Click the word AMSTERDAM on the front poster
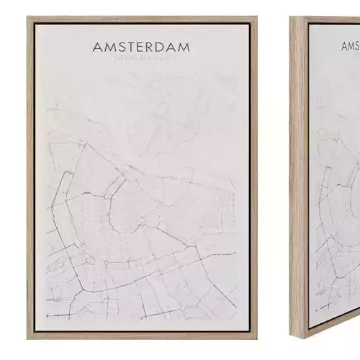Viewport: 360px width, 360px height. tap(142, 48)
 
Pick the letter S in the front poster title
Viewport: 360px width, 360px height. tap(117, 48)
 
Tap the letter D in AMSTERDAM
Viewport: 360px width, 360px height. tap(158, 48)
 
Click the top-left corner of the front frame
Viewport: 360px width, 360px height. tap(28, 17)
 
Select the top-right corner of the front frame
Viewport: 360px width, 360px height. tap(257, 17)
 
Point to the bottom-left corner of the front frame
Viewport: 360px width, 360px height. tap(28, 338)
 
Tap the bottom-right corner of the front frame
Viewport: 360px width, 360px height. tap(257, 338)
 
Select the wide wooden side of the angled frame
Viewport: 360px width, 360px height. tap(297, 180)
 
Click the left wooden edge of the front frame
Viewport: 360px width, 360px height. tap(30, 180)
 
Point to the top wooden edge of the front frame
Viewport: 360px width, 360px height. tap(142, 19)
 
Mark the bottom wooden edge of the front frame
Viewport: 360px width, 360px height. tap(142, 336)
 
